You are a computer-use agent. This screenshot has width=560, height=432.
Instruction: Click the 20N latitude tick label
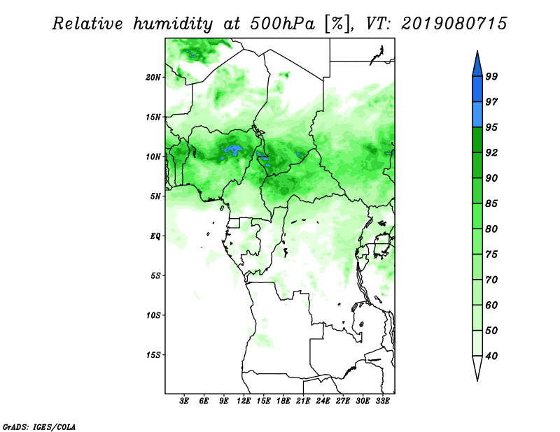tap(153, 77)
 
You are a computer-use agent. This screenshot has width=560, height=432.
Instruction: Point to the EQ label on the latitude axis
tap(155, 236)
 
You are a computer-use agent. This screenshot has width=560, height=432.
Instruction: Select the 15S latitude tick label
tap(153, 355)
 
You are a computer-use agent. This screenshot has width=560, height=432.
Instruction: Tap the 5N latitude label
tap(155, 196)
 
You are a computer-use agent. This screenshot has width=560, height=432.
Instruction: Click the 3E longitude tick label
tap(184, 401)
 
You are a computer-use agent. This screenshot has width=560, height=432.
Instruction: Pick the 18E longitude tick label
tap(283, 401)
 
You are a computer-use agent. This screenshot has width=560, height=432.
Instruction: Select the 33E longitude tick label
tap(382, 401)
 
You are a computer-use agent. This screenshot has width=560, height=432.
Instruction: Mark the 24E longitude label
tap(323, 401)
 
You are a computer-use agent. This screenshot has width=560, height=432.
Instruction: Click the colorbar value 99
tap(491, 76)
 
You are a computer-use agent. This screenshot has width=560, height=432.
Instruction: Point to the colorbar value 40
tap(491, 356)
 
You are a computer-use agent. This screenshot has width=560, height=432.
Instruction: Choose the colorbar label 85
tap(491, 203)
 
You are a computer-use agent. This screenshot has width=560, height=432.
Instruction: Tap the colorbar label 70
tap(491, 280)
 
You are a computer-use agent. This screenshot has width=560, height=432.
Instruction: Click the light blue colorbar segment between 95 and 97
tap(477, 115)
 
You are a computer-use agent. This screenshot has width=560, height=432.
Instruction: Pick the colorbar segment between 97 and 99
tap(477, 89)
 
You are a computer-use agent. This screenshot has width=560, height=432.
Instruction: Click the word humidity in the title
tap(173, 24)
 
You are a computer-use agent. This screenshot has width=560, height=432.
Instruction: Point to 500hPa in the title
tap(283, 24)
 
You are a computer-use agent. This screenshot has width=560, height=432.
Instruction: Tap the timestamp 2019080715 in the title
tap(454, 24)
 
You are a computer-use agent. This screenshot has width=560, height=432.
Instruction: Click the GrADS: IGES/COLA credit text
tap(39, 426)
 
